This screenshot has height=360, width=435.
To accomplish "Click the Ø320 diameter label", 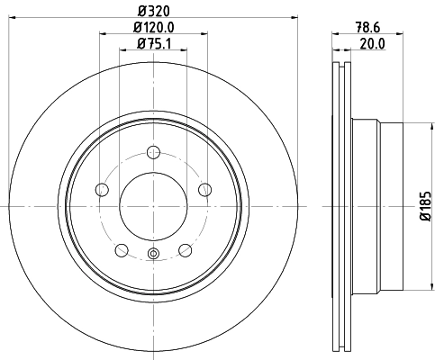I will pos(153,13).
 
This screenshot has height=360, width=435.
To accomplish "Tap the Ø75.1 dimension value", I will pos(153,44).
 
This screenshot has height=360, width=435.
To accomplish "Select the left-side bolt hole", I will pos(102,189).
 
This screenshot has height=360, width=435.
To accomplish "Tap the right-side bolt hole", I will pos(204,189).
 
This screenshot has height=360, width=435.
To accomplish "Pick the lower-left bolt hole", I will pos(122,249).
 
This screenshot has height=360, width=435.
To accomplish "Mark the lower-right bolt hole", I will pos(185,249).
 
